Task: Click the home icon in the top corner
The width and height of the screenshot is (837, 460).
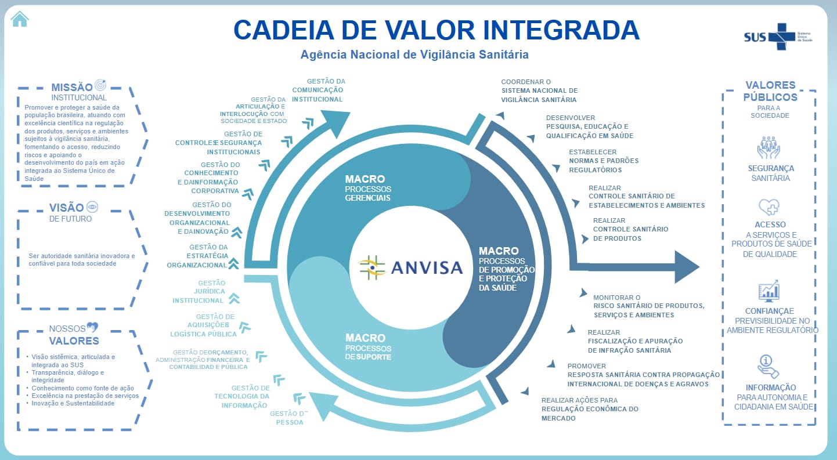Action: [19, 19]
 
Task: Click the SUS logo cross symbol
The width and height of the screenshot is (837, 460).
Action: [781, 37]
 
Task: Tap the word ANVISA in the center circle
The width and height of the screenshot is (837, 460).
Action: [427, 267]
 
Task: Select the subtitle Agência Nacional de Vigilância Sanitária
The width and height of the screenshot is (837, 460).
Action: [414, 55]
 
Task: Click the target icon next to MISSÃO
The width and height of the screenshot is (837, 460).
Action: [100, 85]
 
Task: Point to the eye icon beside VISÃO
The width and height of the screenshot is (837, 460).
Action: [92, 207]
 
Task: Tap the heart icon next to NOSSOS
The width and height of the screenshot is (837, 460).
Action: [92, 328]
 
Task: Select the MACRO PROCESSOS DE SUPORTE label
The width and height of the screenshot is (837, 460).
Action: [368, 347]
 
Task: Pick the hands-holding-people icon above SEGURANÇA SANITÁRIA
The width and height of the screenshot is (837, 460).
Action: [769, 147]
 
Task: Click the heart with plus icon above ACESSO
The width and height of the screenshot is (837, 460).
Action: [769, 207]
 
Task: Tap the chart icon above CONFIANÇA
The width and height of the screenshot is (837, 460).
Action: [769, 291]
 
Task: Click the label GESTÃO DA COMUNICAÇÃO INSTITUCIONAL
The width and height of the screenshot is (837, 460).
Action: [318, 90]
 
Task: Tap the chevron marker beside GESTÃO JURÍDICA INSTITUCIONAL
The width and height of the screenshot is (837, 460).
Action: [234, 299]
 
